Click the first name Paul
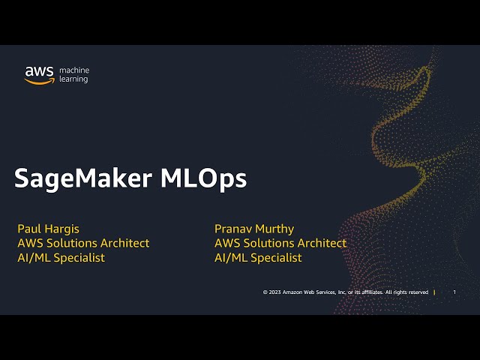29,229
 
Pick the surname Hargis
63,229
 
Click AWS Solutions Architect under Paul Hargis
83,243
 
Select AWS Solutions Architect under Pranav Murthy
280,243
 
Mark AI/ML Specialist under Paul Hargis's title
61,257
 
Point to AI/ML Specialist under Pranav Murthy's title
258,257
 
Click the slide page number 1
454,292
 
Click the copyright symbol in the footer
265,292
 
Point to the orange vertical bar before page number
435,292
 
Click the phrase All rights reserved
407,292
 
